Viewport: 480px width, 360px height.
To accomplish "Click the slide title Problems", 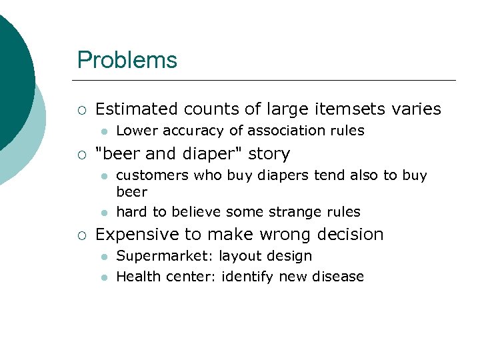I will (x=127, y=60).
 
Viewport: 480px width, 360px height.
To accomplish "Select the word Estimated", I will (x=137, y=109).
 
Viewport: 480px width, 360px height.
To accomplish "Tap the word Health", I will (x=136, y=276).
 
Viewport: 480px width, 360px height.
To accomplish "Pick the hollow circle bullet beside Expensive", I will (x=81, y=235).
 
